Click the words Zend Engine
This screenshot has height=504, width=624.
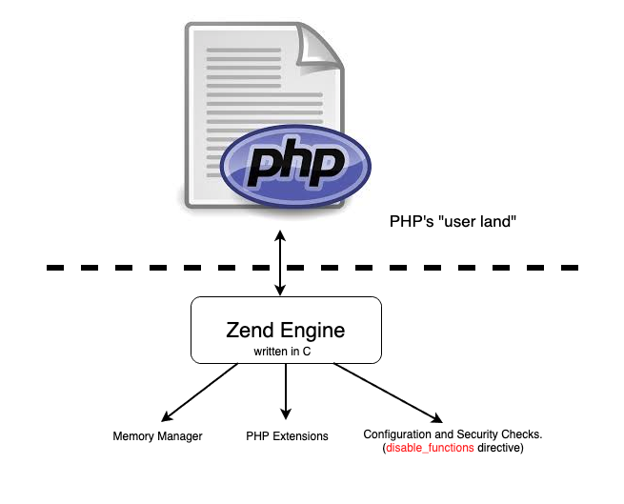pos(286,331)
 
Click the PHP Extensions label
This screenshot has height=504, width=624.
pos(287,436)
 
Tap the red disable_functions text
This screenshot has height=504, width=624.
pos(430,448)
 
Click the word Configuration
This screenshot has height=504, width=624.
pos(399,434)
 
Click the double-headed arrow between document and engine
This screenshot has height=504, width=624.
pos(279,262)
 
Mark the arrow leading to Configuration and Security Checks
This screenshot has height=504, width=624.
pos(386,393)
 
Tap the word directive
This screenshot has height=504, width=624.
pos(500,448)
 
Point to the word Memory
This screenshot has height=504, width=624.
pos(132,436)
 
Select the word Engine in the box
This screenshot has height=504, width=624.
pos(313,331)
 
